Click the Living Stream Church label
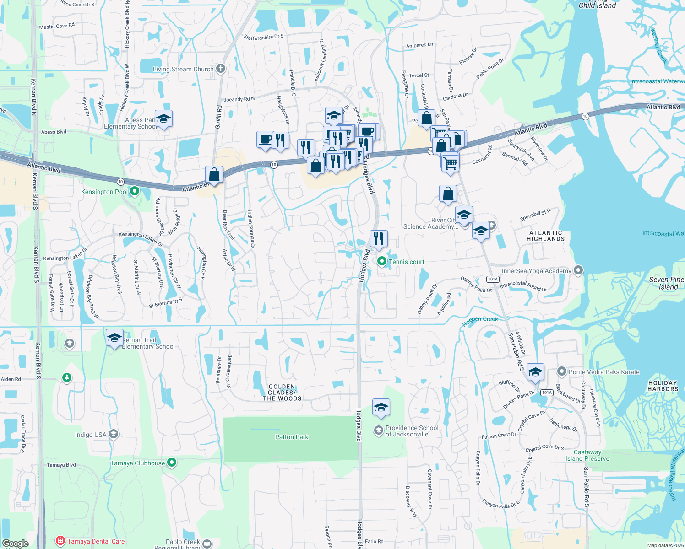point(183,70)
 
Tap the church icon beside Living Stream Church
point(221,69)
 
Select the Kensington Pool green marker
point(135,191)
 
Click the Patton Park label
point(292,437)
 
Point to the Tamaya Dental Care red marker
point(60,541)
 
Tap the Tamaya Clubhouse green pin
point(172,463)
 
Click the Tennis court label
point(406,262)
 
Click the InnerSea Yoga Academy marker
point(578,270)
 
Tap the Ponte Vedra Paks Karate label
point(604,372)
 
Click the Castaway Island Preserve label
point(587,455)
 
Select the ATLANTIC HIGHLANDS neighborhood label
point(545,236)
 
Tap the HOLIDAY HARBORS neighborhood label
point(663,386)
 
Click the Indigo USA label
point(91,435)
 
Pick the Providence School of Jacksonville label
point(412,431)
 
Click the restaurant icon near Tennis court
point(379,239)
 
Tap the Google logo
point(15,544)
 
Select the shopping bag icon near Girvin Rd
point(214,174)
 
